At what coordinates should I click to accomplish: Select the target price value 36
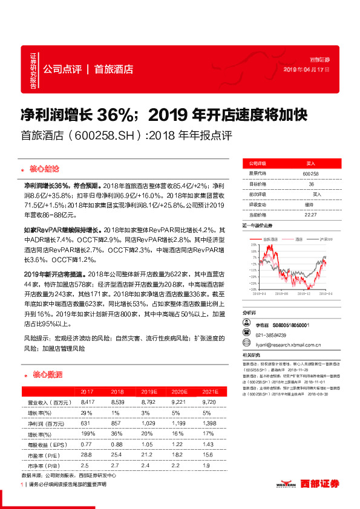311,183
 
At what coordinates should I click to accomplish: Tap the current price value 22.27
311,214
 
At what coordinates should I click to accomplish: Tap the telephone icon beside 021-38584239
247,336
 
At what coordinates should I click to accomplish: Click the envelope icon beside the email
247,346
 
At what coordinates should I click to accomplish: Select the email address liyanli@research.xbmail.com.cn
287,346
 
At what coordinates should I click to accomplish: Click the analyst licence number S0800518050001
291,325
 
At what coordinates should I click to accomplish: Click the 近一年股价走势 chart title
257,225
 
